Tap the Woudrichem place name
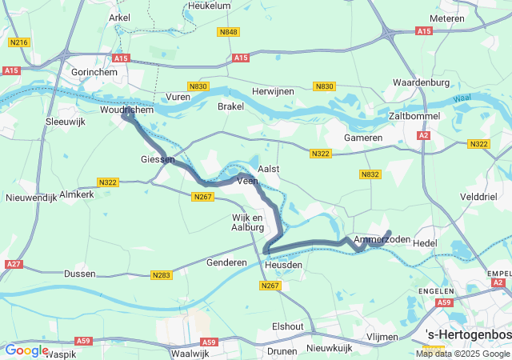[x=126, y=109]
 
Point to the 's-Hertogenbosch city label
[x=468, y=334]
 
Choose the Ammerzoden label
[x=382, y=240]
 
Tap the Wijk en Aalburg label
[x=247, y=222]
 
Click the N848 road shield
[x=228, y=32]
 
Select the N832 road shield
[x=370, y=174]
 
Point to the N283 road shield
[x=160, y=275]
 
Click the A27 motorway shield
[x=13, y=264]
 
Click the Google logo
[x=26, y=350]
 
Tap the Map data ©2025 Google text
[x=462, y=354]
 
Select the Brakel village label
[x=230, y=106]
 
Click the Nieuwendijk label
[x=31, y=198]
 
